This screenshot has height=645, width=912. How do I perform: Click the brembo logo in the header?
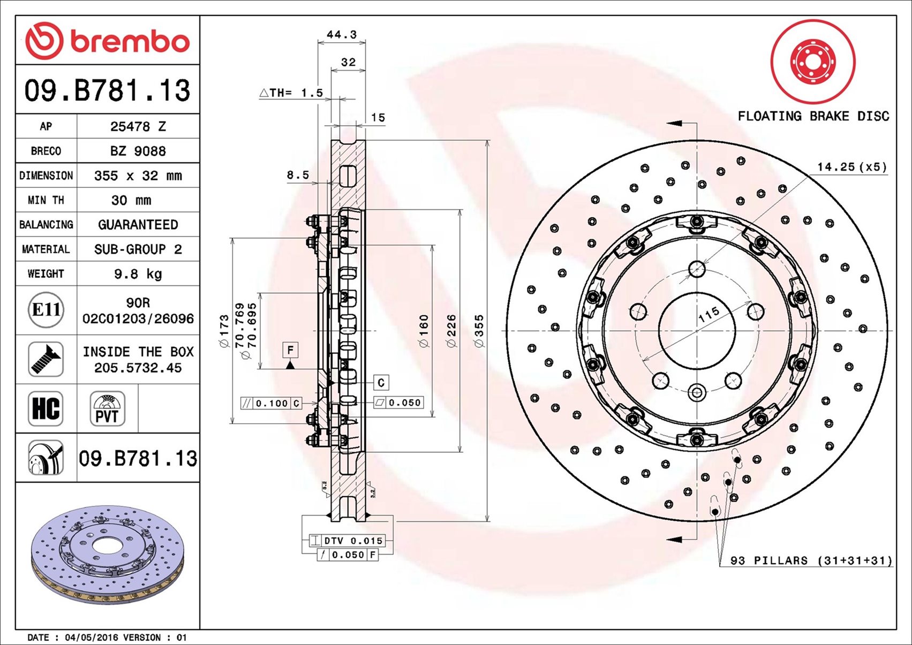click(107, 41)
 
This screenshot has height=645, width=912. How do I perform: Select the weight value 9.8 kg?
click(138, 274)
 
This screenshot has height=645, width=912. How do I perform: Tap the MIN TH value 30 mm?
click(131, 200)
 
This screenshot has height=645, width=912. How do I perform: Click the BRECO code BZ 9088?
click(138, 151)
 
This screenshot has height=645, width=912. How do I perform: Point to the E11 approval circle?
click(46, 310)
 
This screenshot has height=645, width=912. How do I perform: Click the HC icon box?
click(46, 408)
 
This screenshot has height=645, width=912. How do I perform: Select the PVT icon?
click(107, 408)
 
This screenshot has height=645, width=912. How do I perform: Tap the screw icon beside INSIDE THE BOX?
click(46, 359)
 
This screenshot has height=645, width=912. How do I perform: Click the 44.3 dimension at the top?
click(342, 34)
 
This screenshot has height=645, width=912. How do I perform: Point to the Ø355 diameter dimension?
click(479, 331)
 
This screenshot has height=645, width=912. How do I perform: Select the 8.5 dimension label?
click(298, 175)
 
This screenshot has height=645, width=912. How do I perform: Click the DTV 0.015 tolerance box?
click(347, 541)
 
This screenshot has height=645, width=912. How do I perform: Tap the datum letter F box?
click(290, 350)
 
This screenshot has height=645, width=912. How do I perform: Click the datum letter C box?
click(381, 382)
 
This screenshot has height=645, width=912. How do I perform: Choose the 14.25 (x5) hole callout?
click(851, 166)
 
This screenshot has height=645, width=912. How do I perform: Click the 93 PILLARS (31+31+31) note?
click(811, 560)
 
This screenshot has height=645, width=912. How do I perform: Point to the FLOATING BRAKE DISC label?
click(813, 116)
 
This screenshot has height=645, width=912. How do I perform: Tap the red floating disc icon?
click(813, 62)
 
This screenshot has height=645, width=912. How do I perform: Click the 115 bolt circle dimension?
click(709, 315)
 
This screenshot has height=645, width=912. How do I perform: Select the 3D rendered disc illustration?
click(107, 555)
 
